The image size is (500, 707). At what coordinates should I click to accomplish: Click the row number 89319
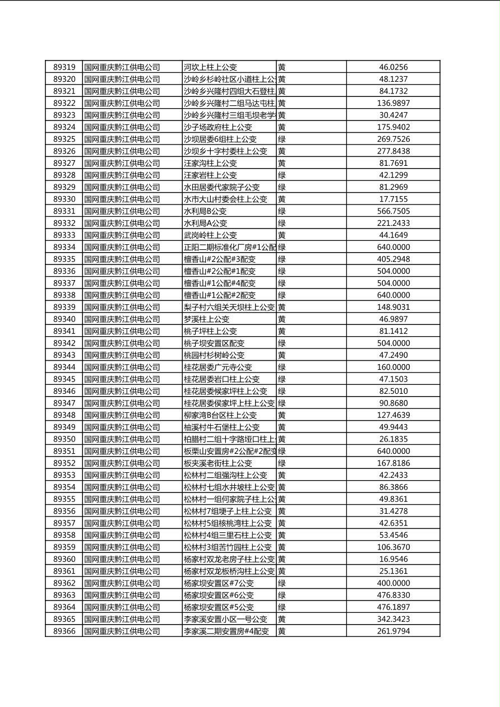click(64, 67)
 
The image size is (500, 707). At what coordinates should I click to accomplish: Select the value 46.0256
click(393, 67)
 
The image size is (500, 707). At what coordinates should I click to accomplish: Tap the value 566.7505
click(393, 211)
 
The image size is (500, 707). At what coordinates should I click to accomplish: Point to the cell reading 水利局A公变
click(205, 223)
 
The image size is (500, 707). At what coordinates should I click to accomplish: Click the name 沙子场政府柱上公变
click(217, 127)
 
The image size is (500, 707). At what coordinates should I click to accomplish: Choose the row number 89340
click(64, 319)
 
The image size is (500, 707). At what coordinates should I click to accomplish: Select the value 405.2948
click(393, 259)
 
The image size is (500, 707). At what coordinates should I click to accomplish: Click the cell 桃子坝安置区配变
click(214, 343)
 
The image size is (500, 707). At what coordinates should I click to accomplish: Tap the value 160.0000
click(393, 367)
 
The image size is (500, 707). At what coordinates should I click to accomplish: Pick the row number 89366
click(64, 631)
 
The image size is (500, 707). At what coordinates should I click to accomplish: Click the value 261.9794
click(393, 631)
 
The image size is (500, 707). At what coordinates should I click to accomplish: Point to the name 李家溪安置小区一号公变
click(225, 619)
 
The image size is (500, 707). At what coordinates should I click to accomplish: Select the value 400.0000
click(393, 583)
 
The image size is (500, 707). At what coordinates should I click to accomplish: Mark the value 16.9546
click(393, 559)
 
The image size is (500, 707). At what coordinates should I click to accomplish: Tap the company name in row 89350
click(122, 439)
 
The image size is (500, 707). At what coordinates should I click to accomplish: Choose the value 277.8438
click(393, 151)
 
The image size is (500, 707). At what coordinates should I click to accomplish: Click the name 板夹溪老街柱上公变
click(217, 463)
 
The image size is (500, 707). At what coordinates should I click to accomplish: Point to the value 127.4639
click(393, 415)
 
